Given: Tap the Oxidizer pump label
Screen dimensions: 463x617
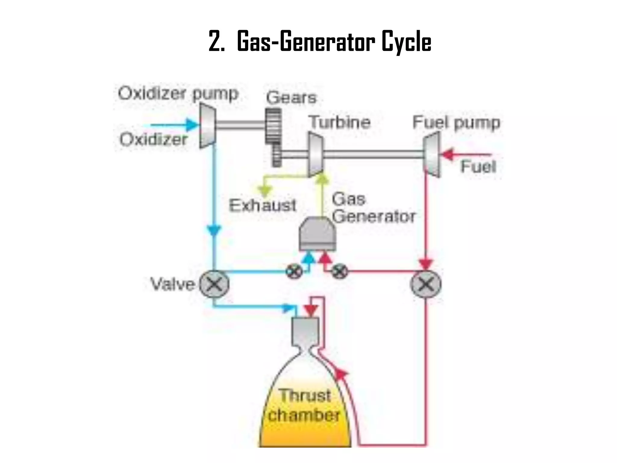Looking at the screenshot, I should (178, 93).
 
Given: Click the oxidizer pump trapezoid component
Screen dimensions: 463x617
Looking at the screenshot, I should (208, 126).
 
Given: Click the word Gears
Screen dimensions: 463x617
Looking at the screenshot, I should (291, 97).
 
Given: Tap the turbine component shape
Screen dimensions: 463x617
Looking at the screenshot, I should (315, 155).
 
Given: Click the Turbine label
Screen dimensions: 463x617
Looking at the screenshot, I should (340, 122).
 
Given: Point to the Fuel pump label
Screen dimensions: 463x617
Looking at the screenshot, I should (456, 123).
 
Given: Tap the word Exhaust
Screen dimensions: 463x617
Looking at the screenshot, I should (262, 206).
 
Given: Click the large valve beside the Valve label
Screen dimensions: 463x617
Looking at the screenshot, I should (214, 284).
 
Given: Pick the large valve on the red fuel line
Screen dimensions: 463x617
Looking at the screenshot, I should (426, 284).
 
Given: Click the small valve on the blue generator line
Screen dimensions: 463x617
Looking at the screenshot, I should (294, 272).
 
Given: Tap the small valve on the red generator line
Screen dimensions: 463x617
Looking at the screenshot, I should (340, 272).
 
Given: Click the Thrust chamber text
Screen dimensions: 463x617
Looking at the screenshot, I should (304, 405).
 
